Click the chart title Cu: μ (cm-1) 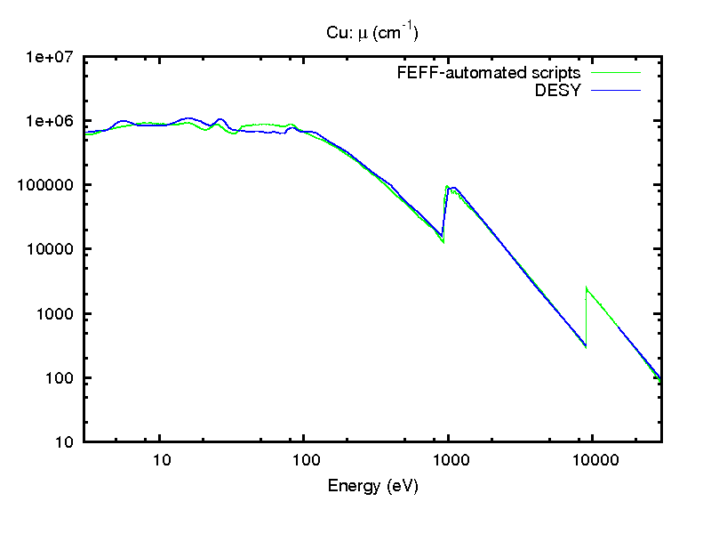point(372,32)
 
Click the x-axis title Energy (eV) point(372,486)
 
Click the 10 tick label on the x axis point(161,460)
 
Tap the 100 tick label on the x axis point(305,460)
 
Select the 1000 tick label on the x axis point(449,460)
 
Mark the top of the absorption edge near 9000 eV point(587,288)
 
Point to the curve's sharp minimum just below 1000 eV point(443,240)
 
